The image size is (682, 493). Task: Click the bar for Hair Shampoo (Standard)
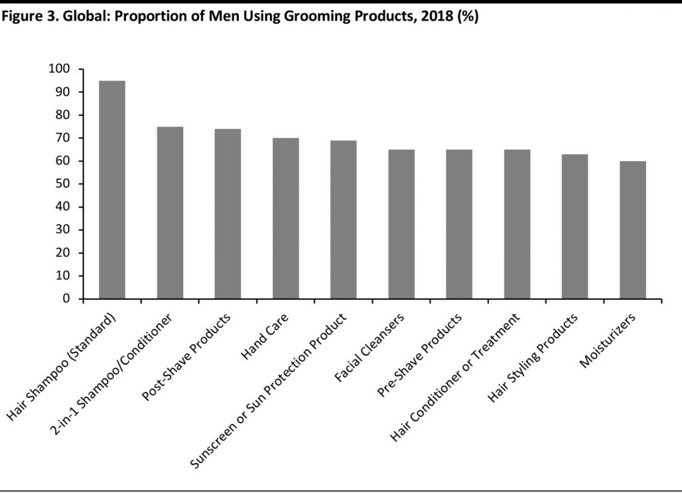click(112, 190)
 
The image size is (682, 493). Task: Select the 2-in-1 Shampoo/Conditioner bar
click(170, 213)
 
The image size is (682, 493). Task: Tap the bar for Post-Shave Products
click(228, 214)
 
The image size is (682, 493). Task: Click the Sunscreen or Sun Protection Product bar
click(344, 220)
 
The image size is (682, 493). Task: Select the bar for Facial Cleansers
click(402, 224)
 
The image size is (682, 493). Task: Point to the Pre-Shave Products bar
click(460, 224)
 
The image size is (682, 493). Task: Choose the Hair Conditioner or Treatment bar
click(517, 224)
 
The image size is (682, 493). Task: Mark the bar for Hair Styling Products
click(575, 226)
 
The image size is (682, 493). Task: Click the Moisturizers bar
click(633, 230)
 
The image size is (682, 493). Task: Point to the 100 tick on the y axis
click(59, 69)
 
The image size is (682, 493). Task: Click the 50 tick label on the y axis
click(62, 184)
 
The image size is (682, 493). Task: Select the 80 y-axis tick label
click(62, 115)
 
